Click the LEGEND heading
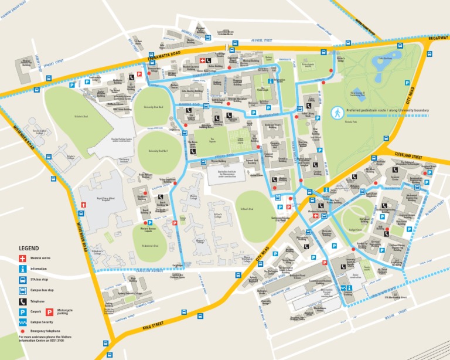[29, 249]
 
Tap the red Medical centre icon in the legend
[22, 259]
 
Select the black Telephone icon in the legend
[22, 301]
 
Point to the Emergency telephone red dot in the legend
[22, 331]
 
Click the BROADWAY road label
[438, 38]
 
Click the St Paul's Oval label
[249, 208]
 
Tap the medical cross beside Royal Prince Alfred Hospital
[84, 204]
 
